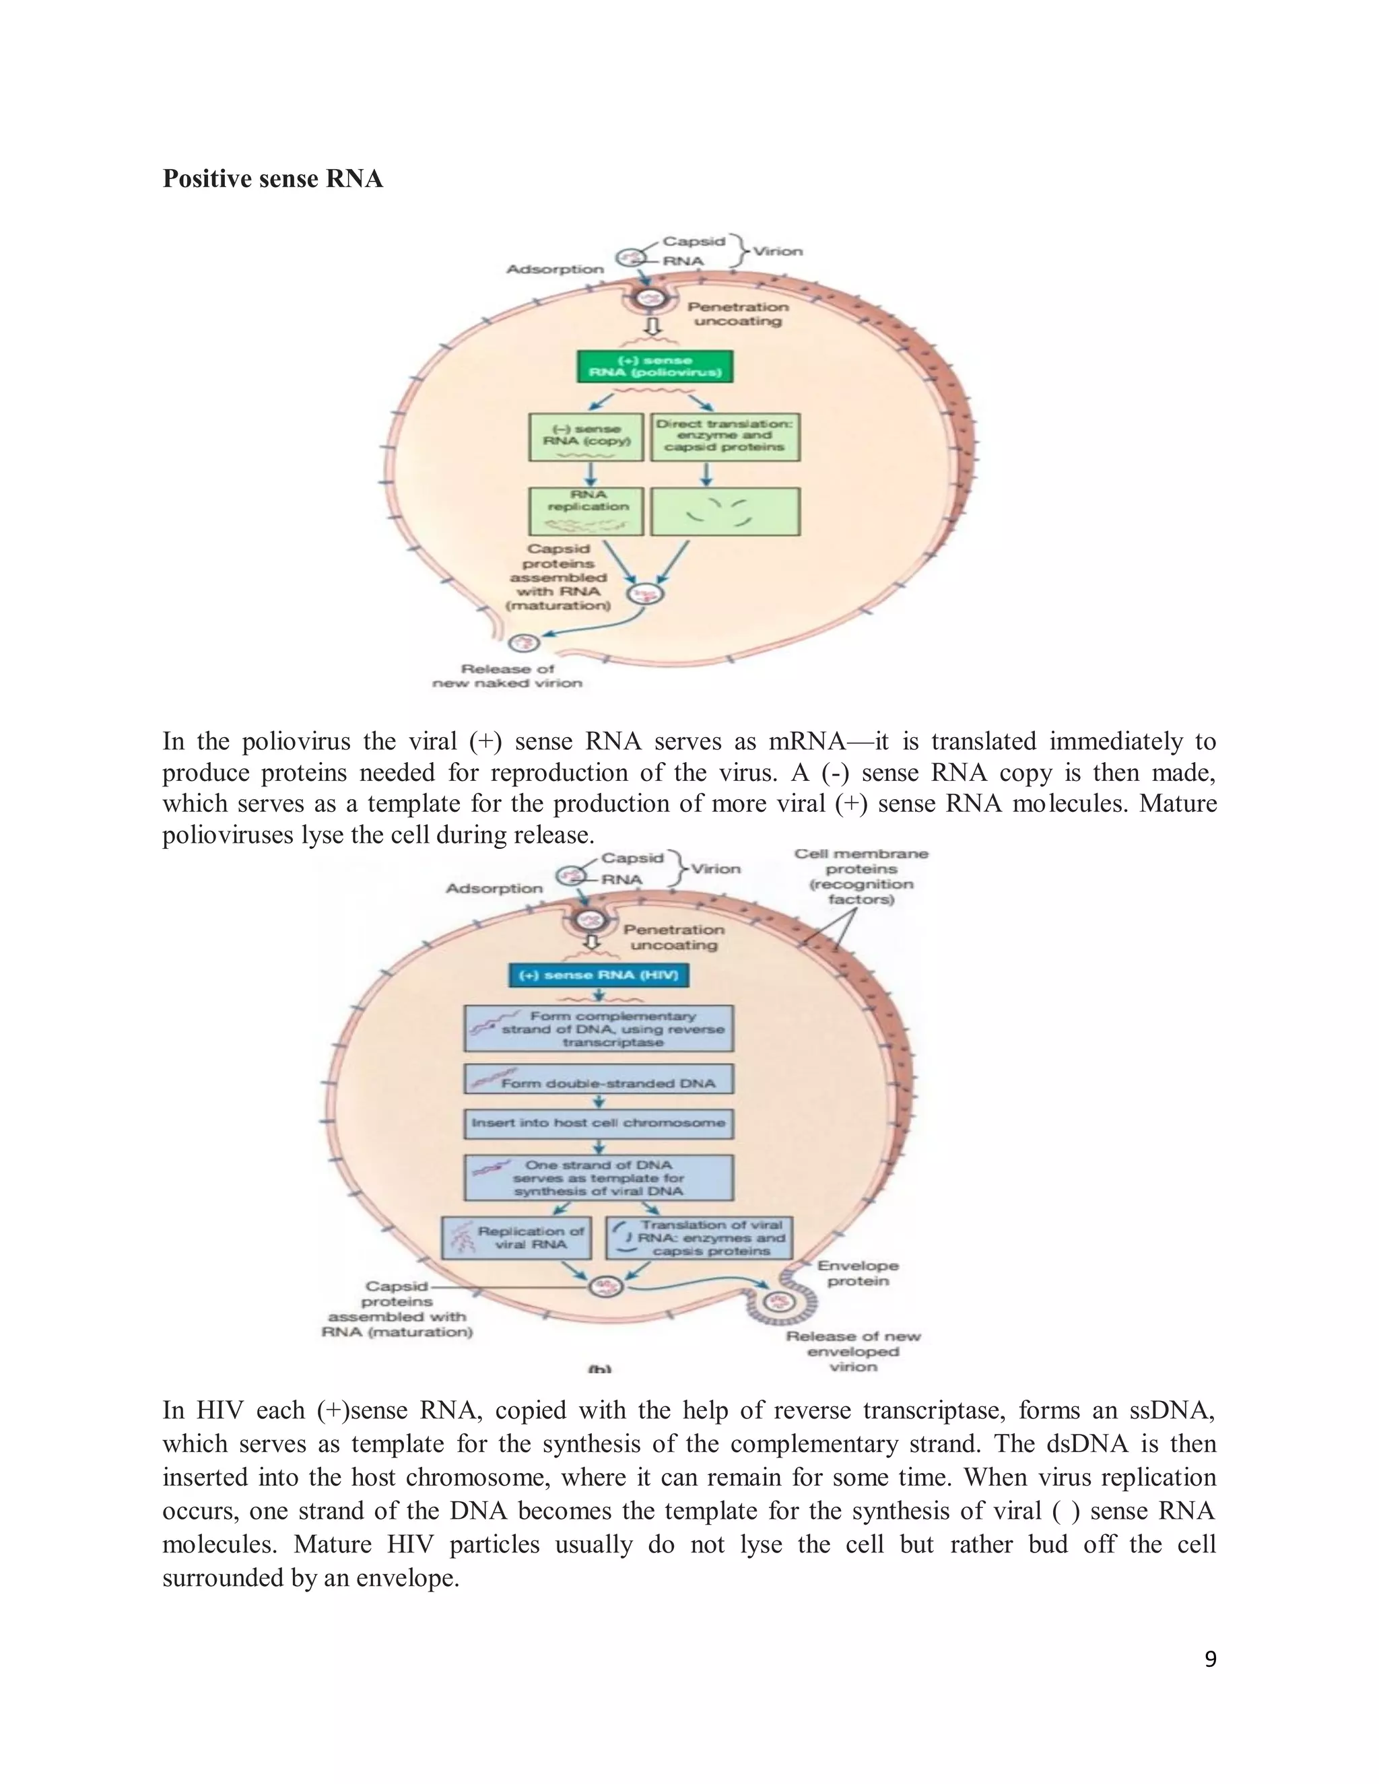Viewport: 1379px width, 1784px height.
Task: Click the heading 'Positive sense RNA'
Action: coord(272,179)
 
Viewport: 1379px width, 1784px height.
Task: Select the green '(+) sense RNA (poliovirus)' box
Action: coord(654,367)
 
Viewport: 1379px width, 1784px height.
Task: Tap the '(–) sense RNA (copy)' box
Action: coord(586,437)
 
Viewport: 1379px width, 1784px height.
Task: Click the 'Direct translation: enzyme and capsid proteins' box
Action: coord(725,437)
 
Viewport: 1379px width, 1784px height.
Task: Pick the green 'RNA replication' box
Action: coord(586,512)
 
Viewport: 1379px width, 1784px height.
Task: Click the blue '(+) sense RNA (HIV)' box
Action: coord(598,975)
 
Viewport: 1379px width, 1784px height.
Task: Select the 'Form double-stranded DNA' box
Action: coord(598,1079)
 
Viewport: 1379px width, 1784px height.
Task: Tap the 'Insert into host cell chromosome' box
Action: coord(598,1123)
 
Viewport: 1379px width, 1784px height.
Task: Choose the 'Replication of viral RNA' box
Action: coord(516,1237)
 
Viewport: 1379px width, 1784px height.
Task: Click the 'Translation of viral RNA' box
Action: coord(700,1237)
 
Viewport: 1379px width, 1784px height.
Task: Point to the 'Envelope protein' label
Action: coord(857,1272)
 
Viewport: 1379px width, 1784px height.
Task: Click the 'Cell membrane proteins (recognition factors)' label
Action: coord(861,877)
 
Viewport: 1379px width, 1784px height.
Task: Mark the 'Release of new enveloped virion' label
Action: coord(853,1351)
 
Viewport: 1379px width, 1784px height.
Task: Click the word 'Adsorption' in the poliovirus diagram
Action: coord(555,269)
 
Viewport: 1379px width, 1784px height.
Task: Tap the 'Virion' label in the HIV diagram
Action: coord(716,868)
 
